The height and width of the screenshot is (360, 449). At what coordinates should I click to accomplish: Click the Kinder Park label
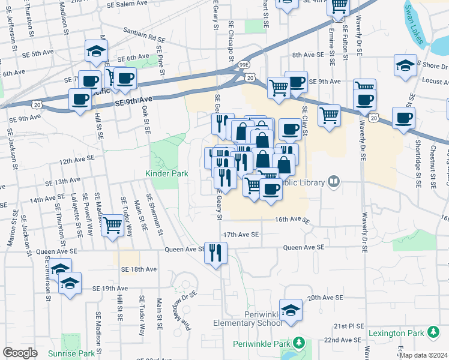[x=166, y=174]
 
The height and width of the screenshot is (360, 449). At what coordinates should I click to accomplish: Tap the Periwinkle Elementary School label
[x=247, y=319]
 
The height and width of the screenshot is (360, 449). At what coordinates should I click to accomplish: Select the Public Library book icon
[x=334, y=182]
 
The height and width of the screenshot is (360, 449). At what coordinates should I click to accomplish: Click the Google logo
[x=20, y=352]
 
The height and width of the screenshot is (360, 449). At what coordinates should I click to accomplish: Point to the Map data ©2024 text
[x=424, y=355]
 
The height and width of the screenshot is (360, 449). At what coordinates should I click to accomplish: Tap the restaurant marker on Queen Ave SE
[x=215, y=252]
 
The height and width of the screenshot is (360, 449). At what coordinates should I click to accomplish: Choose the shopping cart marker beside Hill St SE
[x=112, y=226]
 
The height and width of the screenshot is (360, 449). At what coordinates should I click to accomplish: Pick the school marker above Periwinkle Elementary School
[x=291, y=310]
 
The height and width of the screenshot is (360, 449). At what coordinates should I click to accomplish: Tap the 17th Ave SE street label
[x=241, y=235]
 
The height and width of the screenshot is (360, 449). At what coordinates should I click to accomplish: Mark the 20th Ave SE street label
[x=324, y=298]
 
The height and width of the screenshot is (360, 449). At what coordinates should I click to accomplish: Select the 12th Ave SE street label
[x=77, y=159]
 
